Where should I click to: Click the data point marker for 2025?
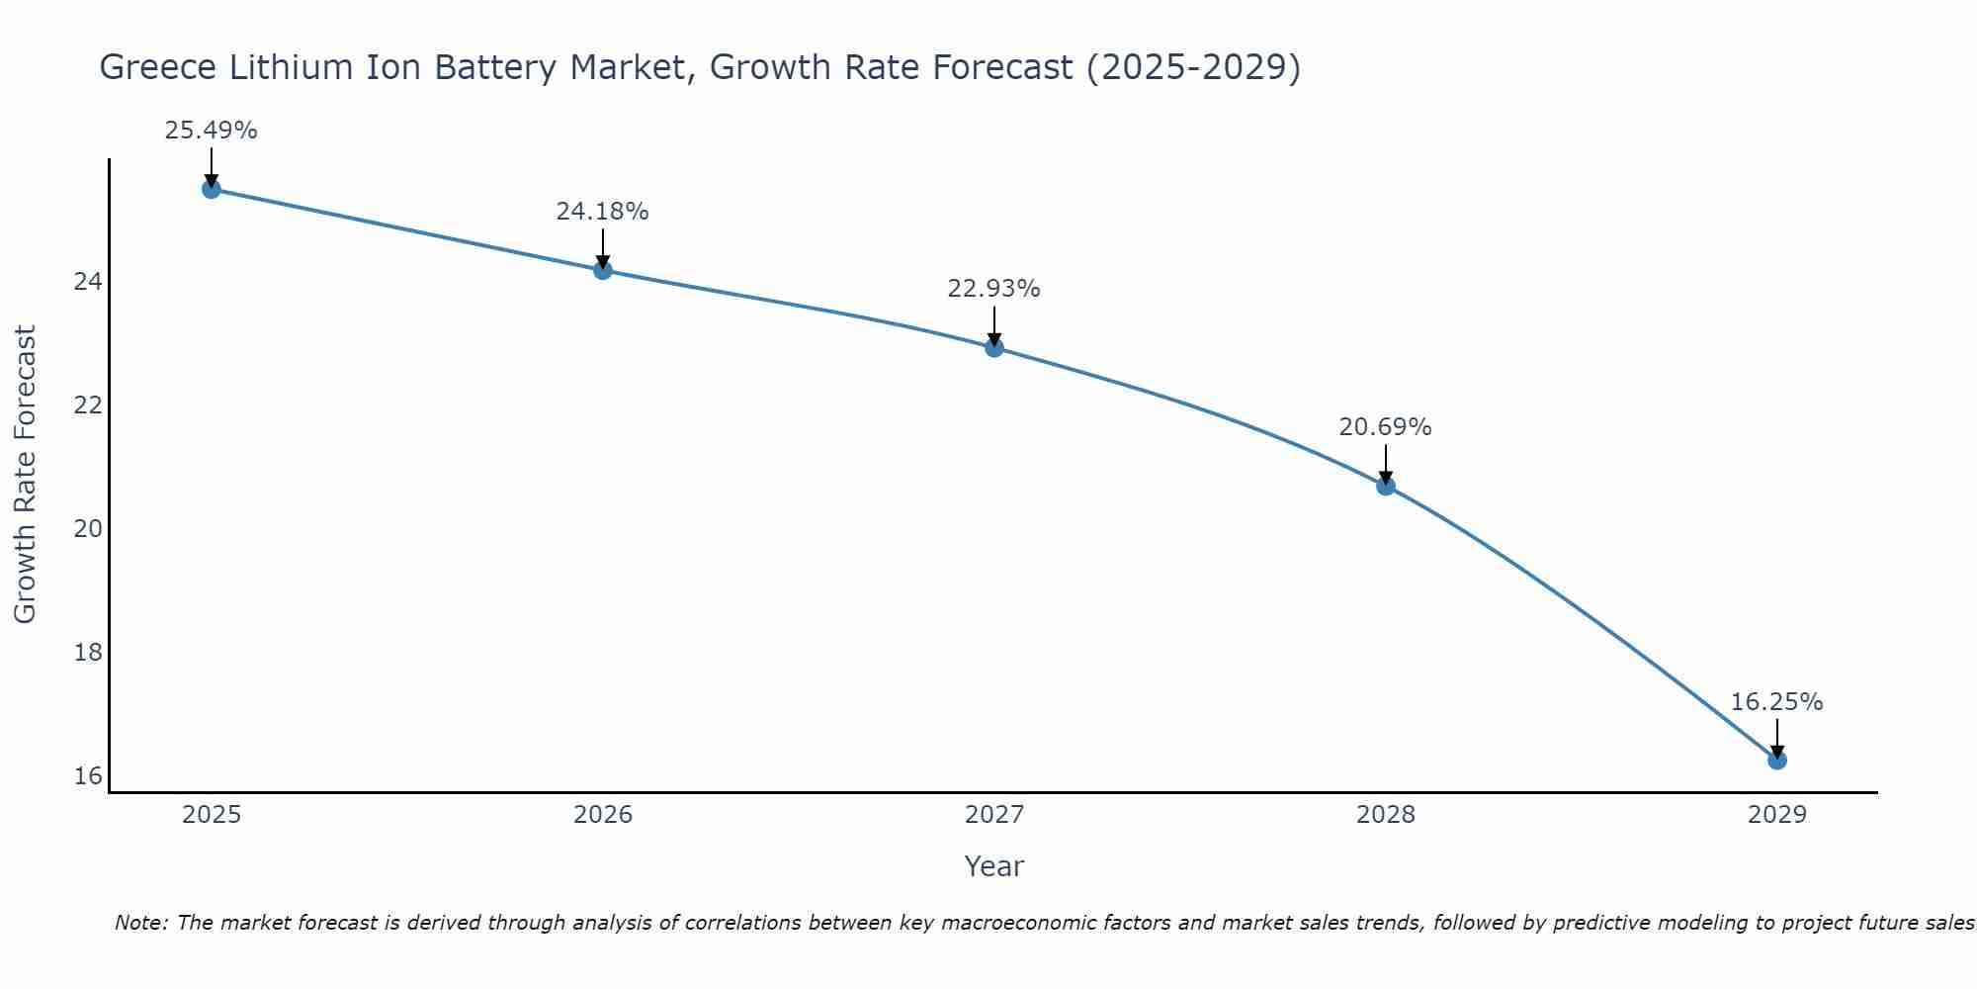(211, 189)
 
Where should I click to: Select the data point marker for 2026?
(603, 270)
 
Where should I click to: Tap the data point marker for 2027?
(994, 347)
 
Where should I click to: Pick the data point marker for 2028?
(1386, 486)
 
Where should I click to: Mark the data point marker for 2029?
(1777, 760)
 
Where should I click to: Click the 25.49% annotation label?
(211, 131)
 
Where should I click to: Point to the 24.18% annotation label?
(602, 212)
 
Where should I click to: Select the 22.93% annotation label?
(993, 289)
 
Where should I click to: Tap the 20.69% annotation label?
(1385, 427)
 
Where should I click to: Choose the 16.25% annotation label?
(1776, 702)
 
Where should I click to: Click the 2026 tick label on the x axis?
(603, 815)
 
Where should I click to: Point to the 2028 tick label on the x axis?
(1386, 815)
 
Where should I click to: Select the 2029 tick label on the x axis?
(1777, 815)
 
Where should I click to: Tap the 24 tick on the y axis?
(88, 282)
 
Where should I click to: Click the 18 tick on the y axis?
(88, 652)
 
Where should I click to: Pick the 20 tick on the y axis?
(88, 528)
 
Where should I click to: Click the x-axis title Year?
(993, 866)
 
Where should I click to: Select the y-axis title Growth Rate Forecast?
(25, 474)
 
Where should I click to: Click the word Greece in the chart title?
(158, 68)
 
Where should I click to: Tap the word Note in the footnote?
(141, 923)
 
